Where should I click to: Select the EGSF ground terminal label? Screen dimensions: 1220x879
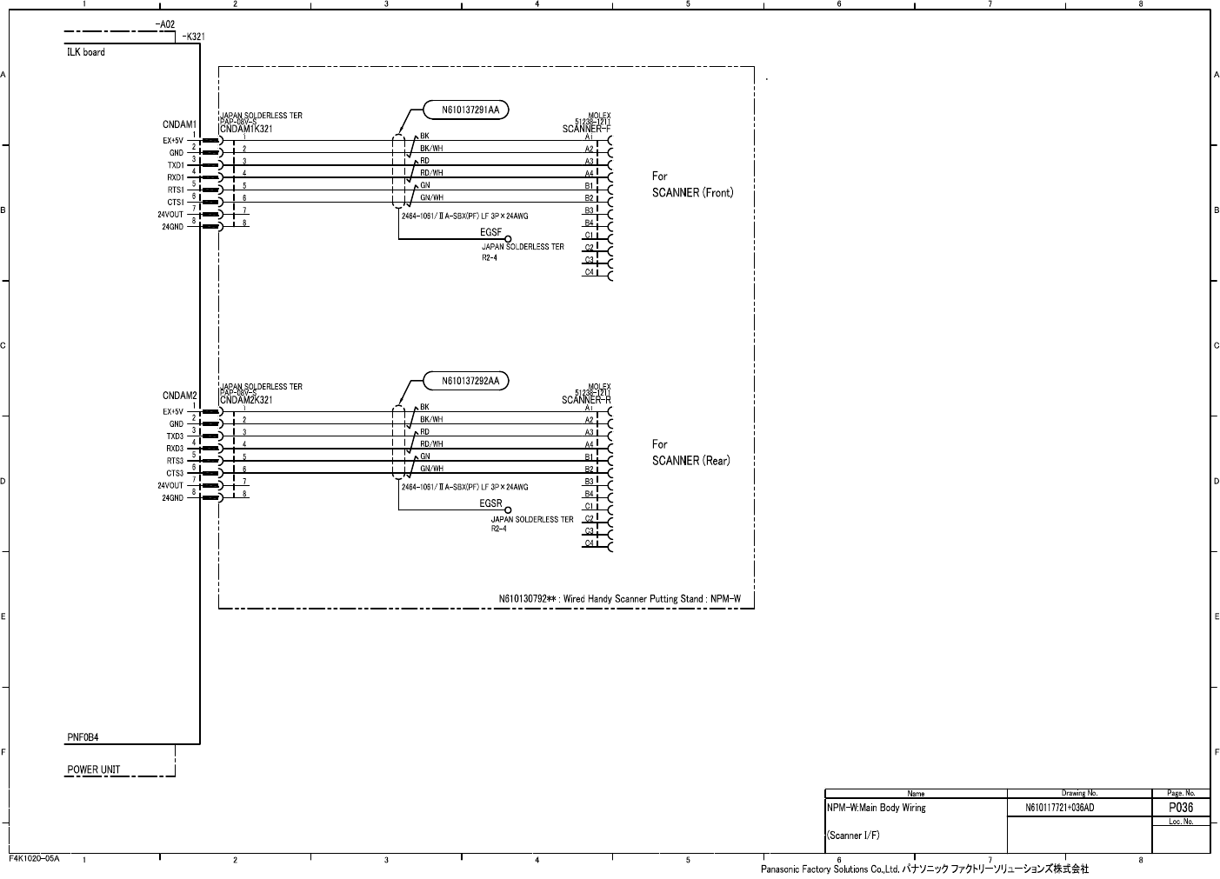[x=490, y=233]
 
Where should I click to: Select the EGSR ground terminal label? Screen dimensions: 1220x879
[x=490, y=503]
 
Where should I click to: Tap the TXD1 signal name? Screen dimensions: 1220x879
[x=176, y=165]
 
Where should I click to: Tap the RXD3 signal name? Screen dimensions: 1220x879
[x=175, y=449]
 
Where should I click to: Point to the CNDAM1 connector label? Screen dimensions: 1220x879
[x=180, y=125]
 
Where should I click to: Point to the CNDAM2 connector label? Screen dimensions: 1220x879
[x=180, y=396]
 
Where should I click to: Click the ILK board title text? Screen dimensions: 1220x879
[x=86, y=52]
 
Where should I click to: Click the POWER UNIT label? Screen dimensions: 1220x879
[x=94, y=769]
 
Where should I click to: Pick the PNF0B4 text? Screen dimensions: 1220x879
[x=83, y=737]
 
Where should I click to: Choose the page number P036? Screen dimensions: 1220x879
[x=1180, y=808]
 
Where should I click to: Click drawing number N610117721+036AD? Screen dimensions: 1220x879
[x=1059, y=809]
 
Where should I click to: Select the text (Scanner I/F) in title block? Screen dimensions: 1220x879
[x=853, y=836]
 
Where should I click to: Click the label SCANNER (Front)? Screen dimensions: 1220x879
[x=692, y=193]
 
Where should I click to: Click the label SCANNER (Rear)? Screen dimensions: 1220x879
[x=690, y=461]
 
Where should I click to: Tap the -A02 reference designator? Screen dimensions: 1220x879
[x=164, y=24]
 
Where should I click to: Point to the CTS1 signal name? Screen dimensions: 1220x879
[x=176, y=203]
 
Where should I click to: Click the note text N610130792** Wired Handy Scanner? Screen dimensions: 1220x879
[x=619, y=598]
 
